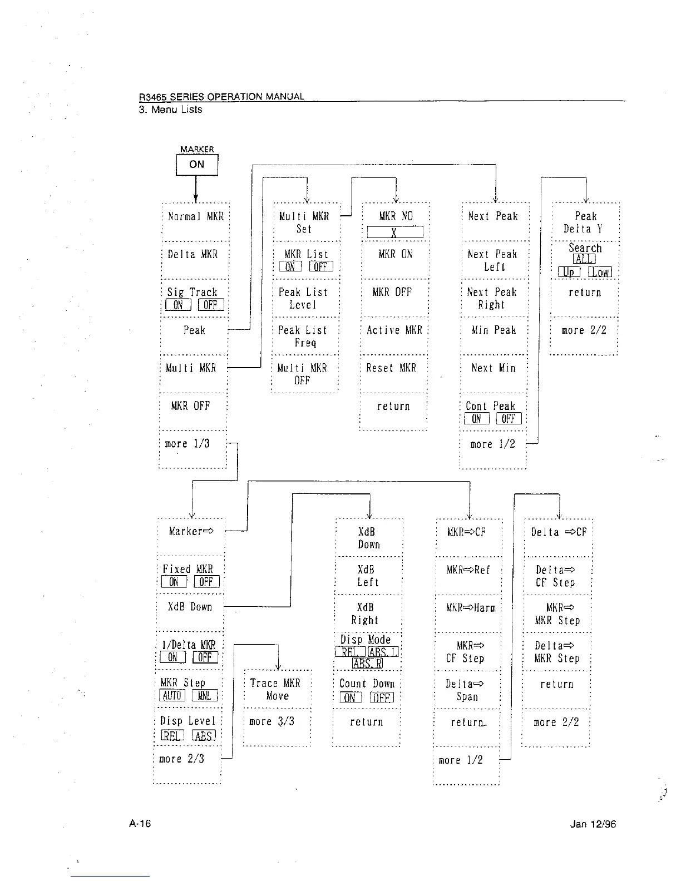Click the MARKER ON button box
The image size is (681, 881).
[x=196, y=165]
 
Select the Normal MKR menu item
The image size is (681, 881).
[x=195, y=216]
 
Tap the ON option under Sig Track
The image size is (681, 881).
[x=178, y=305]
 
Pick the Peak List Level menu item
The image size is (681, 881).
[x=303, y=298]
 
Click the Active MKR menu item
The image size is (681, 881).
[x=394, y=330]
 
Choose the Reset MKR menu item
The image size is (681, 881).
[x=391, y=368]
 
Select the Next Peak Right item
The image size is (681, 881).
[x=492, y=298]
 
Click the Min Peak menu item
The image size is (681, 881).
[x=494, y=330]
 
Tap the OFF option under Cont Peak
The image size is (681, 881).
[x=508, y=419]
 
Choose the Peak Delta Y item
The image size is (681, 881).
[x=585, y=222]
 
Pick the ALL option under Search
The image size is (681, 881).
[x=584, y=260]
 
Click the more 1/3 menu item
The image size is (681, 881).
[x=187, y=444]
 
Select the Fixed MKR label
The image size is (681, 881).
[x=187, y=569]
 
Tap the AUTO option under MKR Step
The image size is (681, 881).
[x=172, y=696]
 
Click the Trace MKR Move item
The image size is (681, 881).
[x=276, y=689]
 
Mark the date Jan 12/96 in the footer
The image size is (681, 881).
[x=593, y=824]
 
